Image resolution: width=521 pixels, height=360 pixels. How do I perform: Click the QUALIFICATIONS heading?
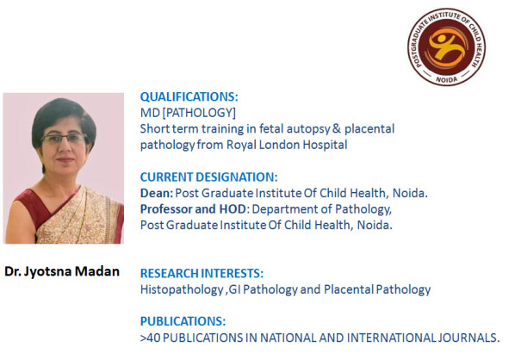[x=189, y=96]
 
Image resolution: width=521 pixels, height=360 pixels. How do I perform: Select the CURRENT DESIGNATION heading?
[x=208, y=177]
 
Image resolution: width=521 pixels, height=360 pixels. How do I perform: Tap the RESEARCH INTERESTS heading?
[x=202, y=273]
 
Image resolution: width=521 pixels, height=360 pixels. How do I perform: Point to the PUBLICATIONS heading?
[x=183, y=321]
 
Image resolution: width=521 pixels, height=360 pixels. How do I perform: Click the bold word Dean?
[x=157, y=193]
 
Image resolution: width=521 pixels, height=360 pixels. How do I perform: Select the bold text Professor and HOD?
[x=194, y=209]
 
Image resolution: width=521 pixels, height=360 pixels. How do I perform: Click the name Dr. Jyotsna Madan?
[x=62, y=271]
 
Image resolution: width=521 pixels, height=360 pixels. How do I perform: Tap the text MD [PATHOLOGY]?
[x=188, y=113]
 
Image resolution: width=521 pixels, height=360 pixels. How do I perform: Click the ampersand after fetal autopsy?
[x=337, y=128]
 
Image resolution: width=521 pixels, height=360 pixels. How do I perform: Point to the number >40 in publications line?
[x=150, y=338]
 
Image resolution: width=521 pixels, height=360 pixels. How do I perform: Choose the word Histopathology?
[x=182, y=289]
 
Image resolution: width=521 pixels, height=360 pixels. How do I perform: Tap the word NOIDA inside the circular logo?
[x=447, y=79]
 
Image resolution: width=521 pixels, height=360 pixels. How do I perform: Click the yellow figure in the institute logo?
[x=445, y=47]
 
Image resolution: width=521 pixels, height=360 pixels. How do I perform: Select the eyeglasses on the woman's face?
[x=64, y=138]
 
